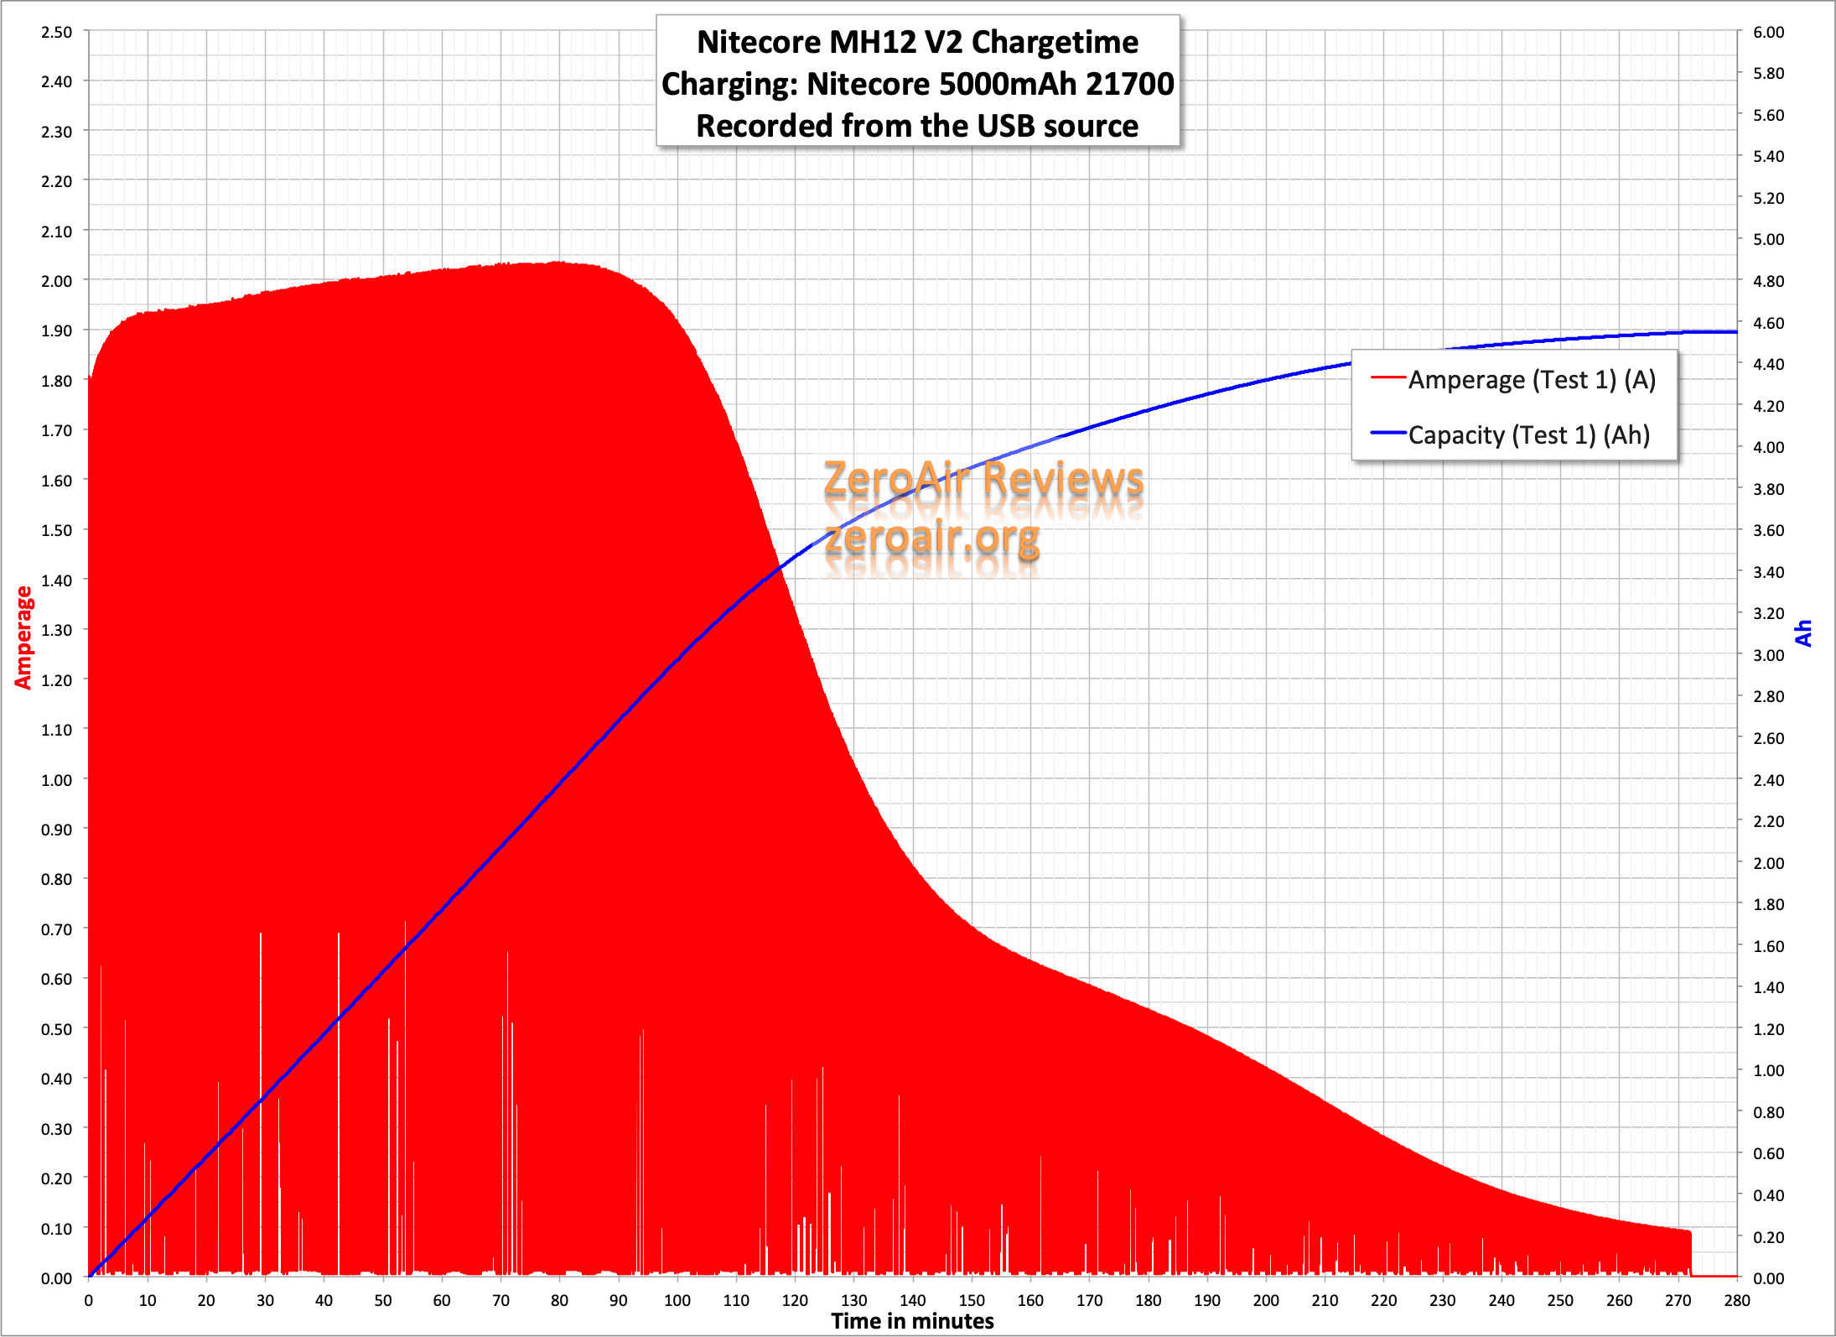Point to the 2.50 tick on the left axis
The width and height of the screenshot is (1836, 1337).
coord(56,32)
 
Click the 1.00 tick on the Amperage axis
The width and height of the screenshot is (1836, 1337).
coord(56,780)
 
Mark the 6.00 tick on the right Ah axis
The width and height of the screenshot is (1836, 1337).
coord(1768,32)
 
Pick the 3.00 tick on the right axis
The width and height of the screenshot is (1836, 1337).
coord(1768,655)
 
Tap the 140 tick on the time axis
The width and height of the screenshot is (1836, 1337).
coord(912,1301)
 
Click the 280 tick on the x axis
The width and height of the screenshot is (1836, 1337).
coord(1736,1301)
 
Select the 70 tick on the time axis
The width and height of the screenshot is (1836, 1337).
coord(500,1301)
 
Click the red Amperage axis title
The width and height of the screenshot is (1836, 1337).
coord(23,637)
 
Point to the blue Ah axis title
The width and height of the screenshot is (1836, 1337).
coord(1803,633)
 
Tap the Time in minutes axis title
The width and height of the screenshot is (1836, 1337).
coord(912,1322)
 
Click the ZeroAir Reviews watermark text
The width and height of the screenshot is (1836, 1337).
coord(983,480)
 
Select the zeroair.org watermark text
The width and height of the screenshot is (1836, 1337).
coord(932,537)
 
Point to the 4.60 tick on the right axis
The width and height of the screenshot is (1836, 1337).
coord(1768,323)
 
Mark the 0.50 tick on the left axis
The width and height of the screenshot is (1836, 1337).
coord(56,1029)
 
